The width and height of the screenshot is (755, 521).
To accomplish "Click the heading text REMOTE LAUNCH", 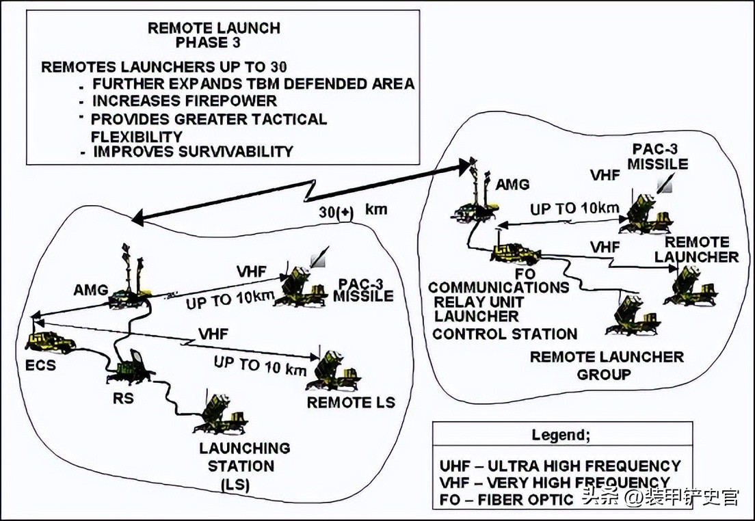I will (x=214, y=28).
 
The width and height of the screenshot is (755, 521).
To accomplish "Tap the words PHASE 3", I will (x=214, y=43).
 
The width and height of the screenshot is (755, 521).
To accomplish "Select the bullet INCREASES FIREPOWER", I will (x=185, y=101).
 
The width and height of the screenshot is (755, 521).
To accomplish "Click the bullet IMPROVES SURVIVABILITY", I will (x=193, y=151).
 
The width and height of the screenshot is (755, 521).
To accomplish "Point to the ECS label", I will (x=41, y=365).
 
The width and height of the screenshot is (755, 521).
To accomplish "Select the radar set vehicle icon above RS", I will (x=129, y=369).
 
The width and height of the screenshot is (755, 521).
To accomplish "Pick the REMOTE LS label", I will (x=351, y=402).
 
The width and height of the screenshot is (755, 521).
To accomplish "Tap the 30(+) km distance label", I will (x=352, y=211).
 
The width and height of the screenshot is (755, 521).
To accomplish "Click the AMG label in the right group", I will (x=512, y=185).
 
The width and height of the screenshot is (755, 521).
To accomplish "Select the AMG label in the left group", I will (x=90, y=290).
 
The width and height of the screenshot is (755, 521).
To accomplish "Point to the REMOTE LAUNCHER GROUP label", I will (x=607, y=365).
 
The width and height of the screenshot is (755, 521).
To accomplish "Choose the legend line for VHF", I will (x=554, y=483).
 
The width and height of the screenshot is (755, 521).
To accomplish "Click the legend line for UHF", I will (x=560, y=466).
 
